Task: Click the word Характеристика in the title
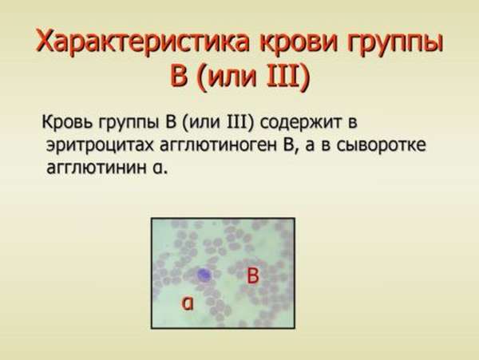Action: [x=144, y=42]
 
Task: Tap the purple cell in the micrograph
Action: [x=204, y=275]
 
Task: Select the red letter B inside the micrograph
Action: [x=253, y=275]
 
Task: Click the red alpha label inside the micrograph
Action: [x=188, y=303]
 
